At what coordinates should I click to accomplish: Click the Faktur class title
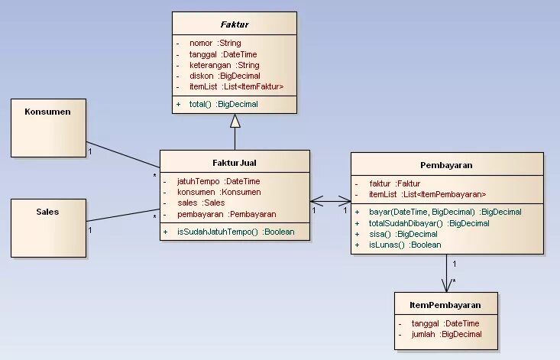235,24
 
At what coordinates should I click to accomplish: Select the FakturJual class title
235,163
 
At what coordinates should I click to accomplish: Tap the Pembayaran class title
446,164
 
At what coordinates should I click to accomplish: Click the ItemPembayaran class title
446,304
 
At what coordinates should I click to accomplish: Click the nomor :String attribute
214,43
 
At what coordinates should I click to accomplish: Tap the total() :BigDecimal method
223,104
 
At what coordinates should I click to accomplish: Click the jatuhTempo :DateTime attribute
218,181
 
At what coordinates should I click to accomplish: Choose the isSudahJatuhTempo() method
235,231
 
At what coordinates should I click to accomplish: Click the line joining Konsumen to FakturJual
122,154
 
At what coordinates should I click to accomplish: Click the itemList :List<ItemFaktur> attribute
236,87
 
